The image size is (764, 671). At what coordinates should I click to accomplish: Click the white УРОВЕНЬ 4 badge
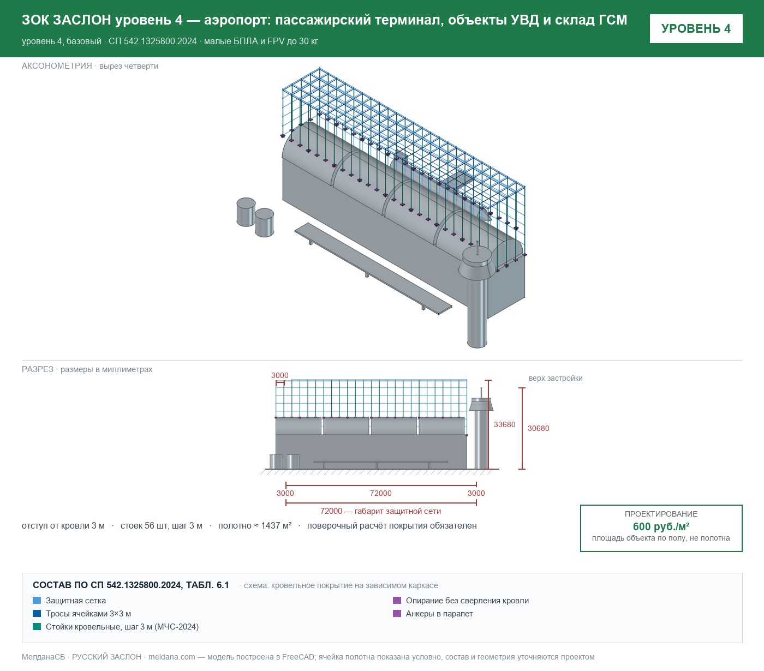[696, 29]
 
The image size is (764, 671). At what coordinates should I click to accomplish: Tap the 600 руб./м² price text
[661, 526]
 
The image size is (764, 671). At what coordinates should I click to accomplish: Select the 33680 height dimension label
[504, 424]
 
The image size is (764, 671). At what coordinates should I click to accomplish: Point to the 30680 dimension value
[538, 428]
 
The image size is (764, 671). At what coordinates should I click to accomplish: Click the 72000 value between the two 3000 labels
[380, 493]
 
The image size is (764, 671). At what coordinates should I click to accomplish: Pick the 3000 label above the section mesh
[279, 375]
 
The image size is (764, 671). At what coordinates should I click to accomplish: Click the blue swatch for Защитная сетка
[37, 601]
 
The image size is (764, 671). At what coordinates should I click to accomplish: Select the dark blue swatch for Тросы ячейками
[37, 613]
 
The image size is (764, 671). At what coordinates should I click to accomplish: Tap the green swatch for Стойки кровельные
[37, 626]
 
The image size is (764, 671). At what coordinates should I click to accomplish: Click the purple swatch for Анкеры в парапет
[397, 613]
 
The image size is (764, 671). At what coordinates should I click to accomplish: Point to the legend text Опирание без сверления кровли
[467, 601]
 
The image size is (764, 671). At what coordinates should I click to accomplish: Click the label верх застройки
[556, 378]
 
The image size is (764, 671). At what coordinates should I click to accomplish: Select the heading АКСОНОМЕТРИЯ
[57, 66]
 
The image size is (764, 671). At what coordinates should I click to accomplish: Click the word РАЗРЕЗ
[37, 369]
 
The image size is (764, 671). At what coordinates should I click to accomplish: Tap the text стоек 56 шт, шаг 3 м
[162, 525]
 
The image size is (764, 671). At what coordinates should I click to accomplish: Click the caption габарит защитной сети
[397, 511]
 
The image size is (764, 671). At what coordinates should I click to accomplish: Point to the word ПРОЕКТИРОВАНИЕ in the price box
[661, 514]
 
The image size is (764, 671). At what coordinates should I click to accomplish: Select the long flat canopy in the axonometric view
[373, 268]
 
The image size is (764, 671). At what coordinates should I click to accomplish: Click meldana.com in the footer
[171, 657]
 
